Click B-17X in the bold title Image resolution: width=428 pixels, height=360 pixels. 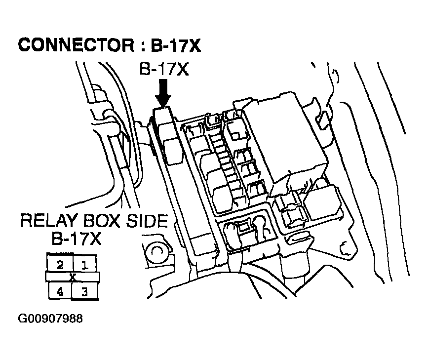point(176,45)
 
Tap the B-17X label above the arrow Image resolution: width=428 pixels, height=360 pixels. point(164,69)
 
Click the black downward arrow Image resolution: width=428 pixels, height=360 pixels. point(163,93)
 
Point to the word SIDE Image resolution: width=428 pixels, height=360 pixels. point(147,221)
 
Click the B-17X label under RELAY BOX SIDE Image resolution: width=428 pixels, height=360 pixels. point(77,239)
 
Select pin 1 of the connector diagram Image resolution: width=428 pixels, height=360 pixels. point(84,264)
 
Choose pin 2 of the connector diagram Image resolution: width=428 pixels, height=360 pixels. point(60,264)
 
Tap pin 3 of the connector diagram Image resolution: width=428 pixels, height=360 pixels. point(84,291)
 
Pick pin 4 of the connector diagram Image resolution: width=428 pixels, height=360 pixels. point(60,291)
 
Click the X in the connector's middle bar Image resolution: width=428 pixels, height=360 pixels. point(73,277)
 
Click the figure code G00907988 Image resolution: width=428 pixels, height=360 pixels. point(50,319)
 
